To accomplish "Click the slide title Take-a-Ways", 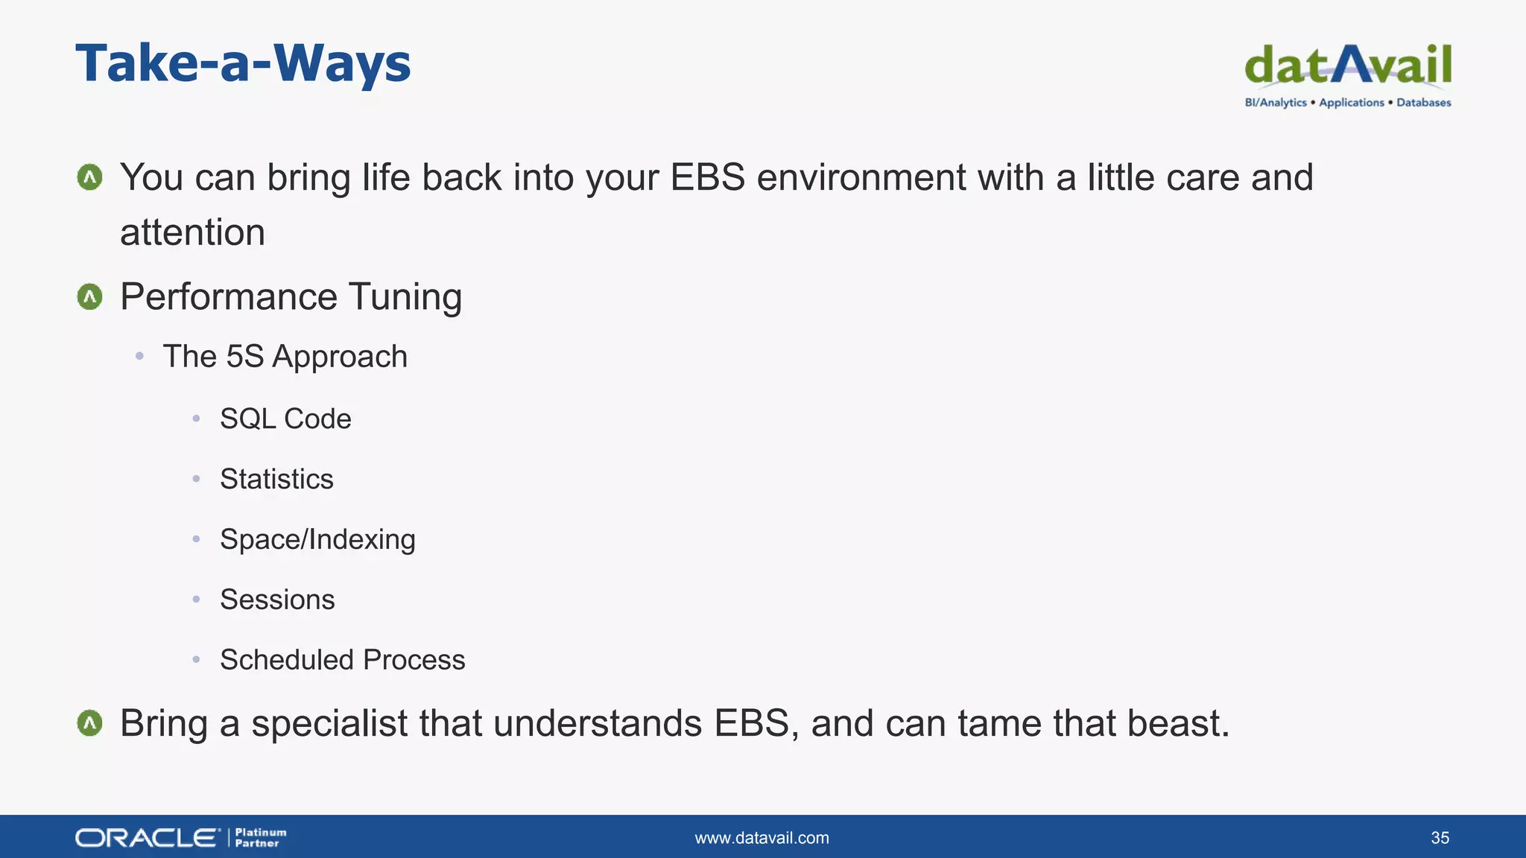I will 243,63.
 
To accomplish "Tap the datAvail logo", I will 1347,66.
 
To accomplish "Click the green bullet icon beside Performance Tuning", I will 90,297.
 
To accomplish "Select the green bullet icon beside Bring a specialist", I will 90,723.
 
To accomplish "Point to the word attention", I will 192,232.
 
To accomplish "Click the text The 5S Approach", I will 285,357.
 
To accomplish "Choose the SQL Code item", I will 285,419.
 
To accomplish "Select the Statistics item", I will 276,480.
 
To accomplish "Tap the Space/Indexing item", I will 317,540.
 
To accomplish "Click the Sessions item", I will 277,600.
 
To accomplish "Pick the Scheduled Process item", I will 342,661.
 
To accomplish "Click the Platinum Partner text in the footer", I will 260,838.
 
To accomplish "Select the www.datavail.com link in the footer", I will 762,838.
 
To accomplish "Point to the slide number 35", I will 1440,838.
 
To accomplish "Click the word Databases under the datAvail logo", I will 1423,103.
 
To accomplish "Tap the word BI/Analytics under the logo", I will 1276,103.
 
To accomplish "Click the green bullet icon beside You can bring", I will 90,177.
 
